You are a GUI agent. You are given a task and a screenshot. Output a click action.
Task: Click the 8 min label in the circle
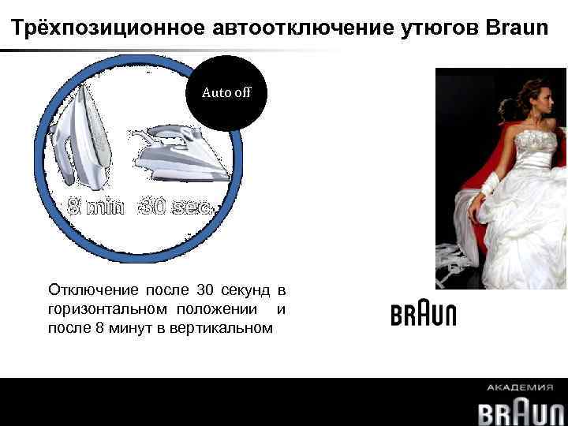[x=96, y=207]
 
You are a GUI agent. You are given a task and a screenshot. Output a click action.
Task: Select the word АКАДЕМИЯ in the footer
[x=521, y=388]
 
